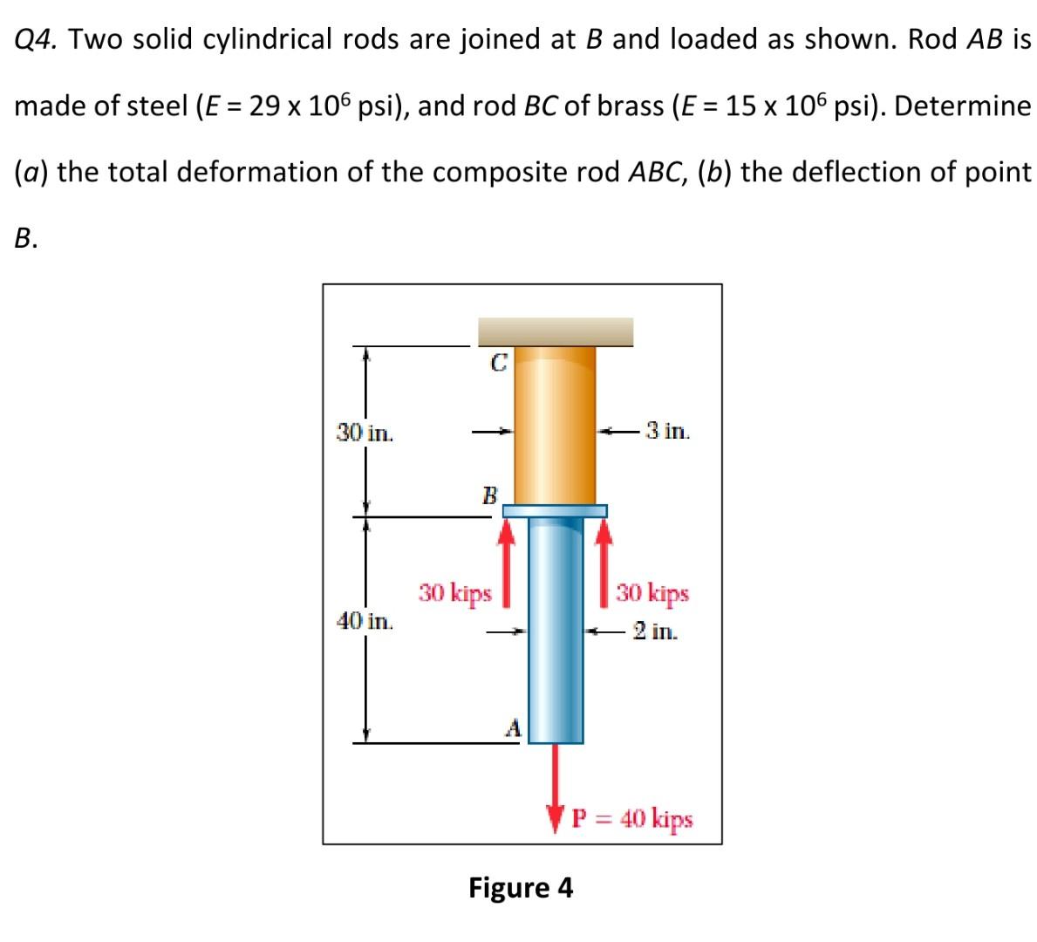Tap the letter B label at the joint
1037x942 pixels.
(x=489, y=496)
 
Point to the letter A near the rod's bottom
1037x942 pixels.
(x=514, y=727)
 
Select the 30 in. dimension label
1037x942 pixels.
(x=365, y=432)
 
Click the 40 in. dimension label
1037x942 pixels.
(x=365, y=621)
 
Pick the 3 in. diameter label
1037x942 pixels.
(x=666, y=430)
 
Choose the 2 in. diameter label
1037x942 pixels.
(x=654, y=631)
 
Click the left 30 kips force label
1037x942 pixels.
(x=454, y=594)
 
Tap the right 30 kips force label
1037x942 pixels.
(x=652, y=594)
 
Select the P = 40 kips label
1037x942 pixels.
(x=632, y=819)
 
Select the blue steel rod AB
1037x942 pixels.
(x=556, y=628)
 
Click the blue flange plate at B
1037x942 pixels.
(x=555, y=510)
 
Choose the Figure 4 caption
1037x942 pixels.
(x=521, y=888)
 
